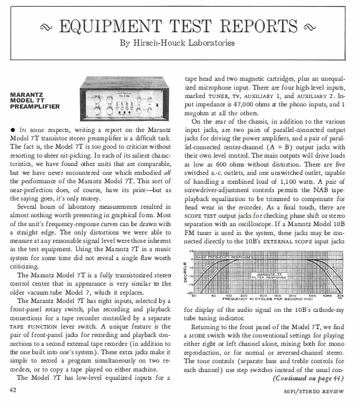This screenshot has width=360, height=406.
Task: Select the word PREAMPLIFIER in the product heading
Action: [35, 106]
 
